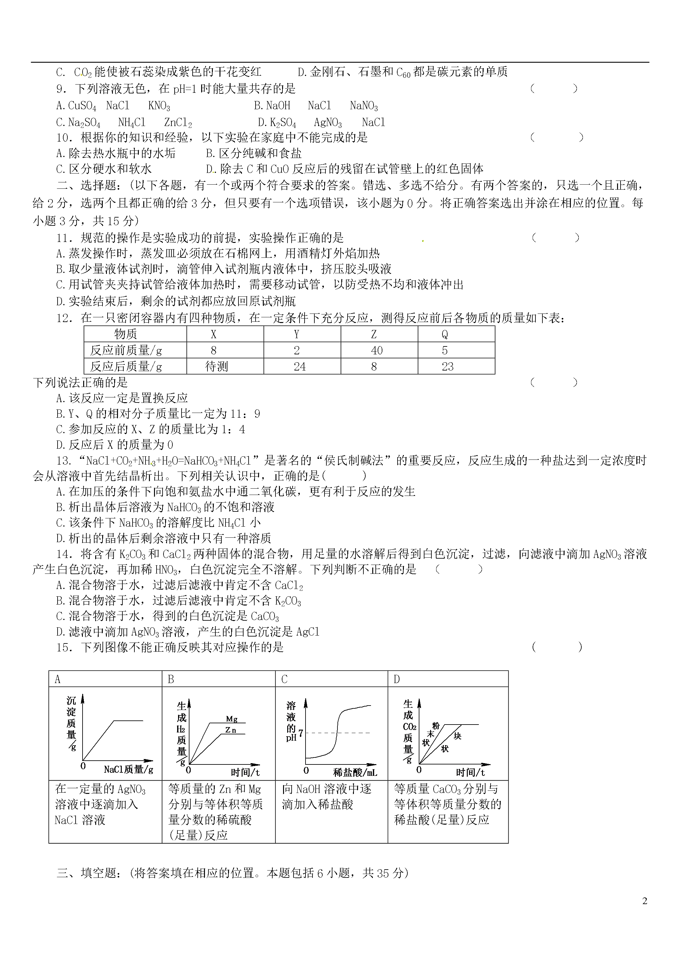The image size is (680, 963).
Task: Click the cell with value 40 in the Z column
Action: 377,350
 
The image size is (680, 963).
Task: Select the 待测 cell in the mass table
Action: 217,367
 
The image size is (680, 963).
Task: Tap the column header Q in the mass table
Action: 445,334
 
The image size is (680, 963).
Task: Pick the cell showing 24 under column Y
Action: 300,367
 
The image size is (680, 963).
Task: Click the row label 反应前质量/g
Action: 126,350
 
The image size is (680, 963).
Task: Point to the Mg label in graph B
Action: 232,719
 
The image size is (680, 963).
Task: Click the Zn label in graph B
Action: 231,730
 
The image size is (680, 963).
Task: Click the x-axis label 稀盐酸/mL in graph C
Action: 355,772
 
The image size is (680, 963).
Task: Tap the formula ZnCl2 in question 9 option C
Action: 178,123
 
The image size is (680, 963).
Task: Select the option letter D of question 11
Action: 60,301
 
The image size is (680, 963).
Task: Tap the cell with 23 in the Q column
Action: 448,367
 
